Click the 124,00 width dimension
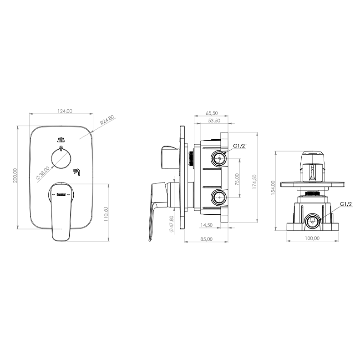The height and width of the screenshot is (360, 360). (65, 111)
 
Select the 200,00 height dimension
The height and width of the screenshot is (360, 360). (15, 175)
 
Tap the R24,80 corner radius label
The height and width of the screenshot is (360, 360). (107, 120)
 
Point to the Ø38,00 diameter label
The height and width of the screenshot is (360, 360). (43, 173)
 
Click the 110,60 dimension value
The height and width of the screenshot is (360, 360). (106, 214)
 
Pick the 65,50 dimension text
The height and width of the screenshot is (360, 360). (212, 113)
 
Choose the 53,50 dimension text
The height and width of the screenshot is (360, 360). (214, 121)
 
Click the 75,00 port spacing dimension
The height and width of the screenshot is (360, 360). (237, 179)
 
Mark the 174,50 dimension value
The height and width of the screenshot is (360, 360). (254, 182)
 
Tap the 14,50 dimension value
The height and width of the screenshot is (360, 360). (207, 225)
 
